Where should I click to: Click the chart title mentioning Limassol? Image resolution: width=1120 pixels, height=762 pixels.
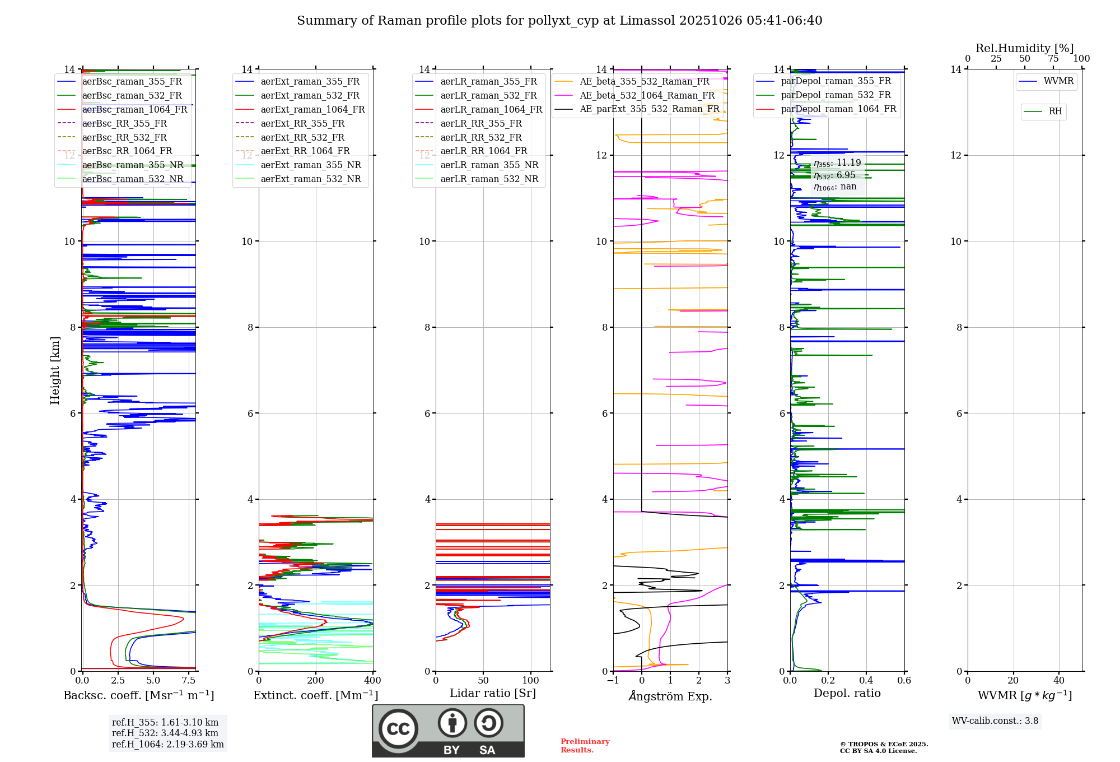click(559, 21)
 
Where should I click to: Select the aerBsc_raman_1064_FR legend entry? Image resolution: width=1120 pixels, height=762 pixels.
click(134, 109)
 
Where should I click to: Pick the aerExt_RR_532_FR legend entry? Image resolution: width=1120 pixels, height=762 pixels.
click(302, 137)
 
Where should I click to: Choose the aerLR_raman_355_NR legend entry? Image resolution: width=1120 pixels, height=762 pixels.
click(489, 165)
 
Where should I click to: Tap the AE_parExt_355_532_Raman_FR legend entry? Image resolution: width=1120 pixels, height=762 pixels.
click(649, 109)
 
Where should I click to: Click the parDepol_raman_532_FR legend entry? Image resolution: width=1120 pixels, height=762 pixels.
click(836, 95)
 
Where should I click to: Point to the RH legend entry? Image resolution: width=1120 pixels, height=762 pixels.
click(1055, 111)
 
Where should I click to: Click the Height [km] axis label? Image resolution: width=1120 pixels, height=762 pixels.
click(55, 370)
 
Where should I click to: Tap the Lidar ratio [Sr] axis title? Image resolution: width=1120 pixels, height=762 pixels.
click(493, 693)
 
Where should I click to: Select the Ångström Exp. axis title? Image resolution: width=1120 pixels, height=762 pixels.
click(670, 696)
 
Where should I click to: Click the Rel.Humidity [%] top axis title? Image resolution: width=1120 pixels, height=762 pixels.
click(1024, 48)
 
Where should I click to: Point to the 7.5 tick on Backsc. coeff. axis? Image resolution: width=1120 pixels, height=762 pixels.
click(189, 681)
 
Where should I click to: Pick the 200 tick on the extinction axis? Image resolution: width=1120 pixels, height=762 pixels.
click(316, 681)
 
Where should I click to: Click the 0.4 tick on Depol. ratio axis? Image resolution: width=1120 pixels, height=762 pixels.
click(866, 681)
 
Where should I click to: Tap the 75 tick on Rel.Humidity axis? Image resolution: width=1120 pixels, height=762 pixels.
click(1053, 59)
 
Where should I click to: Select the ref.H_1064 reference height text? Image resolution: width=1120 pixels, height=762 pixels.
click(167, 744)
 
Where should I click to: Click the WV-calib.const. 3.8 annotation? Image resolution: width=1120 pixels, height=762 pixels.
click(995, 721)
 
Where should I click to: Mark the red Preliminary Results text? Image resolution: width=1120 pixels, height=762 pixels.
click(585, 745)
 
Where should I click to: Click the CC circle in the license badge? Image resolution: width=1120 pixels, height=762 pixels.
click(398, 728)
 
